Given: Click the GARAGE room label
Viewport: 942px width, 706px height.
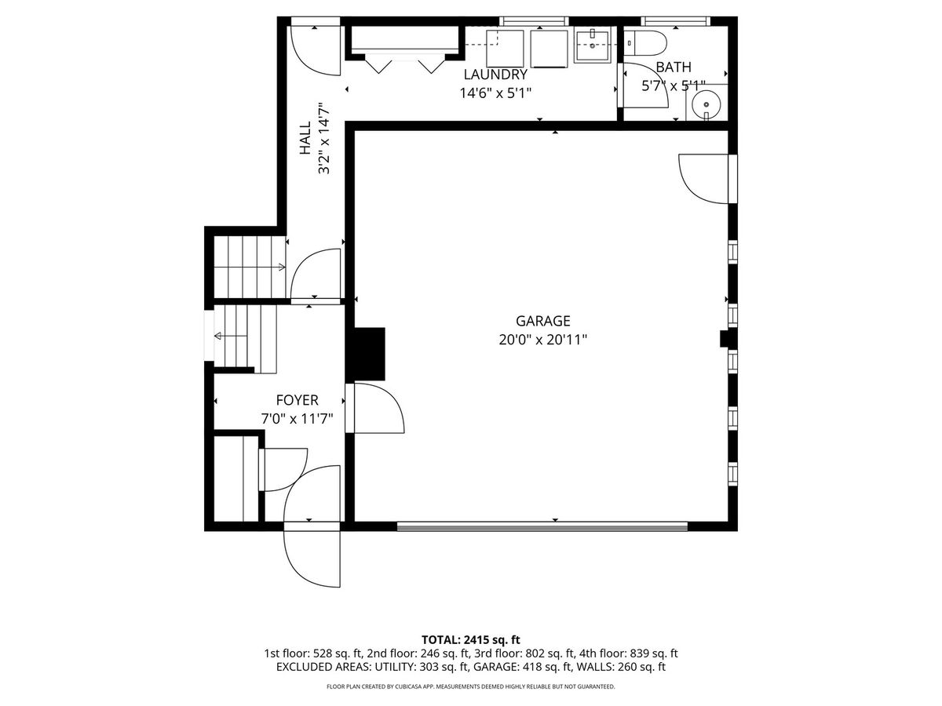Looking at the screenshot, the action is [542, 321].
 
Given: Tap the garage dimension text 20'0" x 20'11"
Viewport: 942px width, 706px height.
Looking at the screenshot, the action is [542, 340].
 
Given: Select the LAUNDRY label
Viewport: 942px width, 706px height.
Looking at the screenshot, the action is [495, 75].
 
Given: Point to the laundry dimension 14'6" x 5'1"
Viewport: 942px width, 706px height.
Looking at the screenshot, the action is [495, 93].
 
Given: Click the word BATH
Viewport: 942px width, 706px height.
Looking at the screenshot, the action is [674, 67].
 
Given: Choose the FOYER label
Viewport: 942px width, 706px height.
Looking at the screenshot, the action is [297, 400].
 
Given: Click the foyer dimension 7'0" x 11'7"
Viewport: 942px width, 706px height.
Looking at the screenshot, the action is [297, 419].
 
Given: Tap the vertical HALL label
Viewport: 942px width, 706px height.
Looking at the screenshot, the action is [305, 138].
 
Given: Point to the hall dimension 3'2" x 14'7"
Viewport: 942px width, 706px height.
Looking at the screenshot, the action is [324, 138].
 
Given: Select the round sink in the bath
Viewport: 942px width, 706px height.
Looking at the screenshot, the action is [706, 104].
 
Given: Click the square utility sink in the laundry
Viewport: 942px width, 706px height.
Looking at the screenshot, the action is [592, 45].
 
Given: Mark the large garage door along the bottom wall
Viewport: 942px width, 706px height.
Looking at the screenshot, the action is [542, 526].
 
